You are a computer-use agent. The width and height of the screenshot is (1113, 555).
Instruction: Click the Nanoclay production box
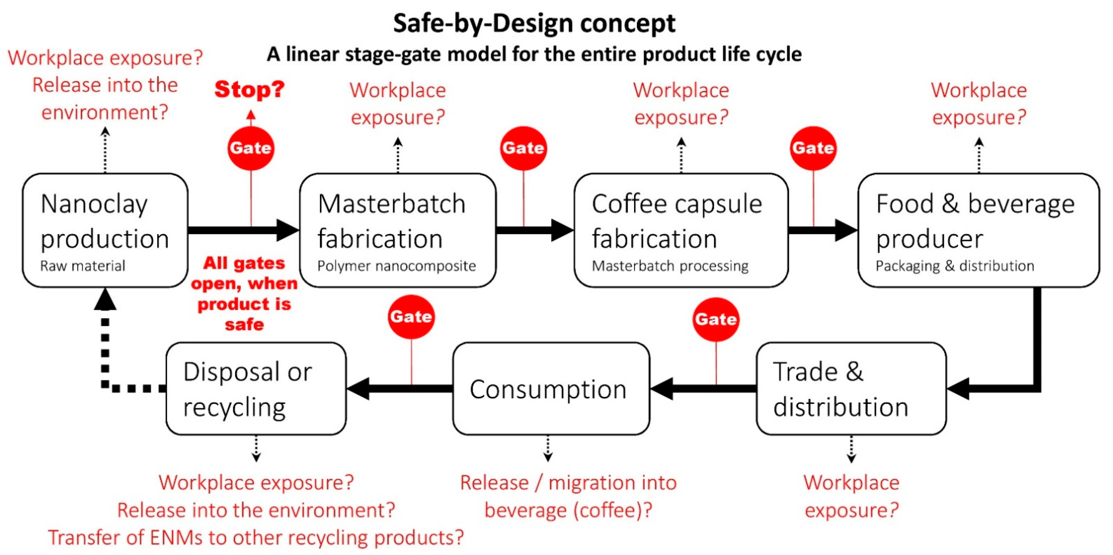(x=105, y=230)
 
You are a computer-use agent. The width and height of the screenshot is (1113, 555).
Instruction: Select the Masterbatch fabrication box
(x=398, y=230)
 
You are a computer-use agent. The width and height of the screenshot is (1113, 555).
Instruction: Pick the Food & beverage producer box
(x=978, y=230)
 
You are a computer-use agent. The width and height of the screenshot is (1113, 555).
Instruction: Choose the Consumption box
(x=551, y=389)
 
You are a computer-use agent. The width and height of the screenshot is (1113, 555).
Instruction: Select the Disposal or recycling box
(x=256, y=389)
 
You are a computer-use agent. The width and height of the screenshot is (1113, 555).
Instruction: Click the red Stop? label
(x=250, y=90)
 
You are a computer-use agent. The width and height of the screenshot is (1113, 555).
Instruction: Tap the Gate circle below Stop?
(x=251, y=148)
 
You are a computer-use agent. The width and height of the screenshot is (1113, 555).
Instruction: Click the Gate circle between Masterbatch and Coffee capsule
(x=523, y=148)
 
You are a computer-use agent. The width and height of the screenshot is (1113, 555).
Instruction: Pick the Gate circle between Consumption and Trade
(x=716, y=319)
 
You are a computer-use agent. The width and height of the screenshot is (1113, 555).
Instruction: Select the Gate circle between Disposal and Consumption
(x=411, y=317)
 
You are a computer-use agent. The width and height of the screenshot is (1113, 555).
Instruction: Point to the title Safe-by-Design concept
(x=534, y=23)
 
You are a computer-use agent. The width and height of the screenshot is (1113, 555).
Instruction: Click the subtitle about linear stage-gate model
(x=534, y=54)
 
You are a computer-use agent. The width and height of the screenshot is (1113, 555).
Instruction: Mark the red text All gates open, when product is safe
(x=244, y=294)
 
